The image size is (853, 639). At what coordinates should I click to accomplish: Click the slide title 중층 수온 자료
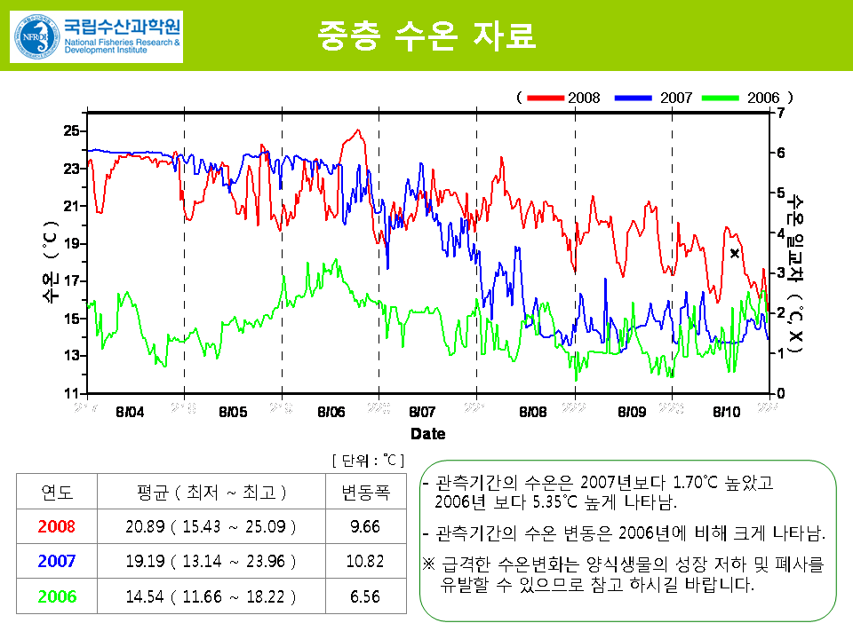click(426, 35)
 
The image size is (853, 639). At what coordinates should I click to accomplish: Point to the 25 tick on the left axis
click(71, 130)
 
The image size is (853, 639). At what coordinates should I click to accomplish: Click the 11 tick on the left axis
click(71, 393)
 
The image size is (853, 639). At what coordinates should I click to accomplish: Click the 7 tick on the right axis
click(781, 113)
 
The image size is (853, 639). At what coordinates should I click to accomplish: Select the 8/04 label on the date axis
click(130, 412)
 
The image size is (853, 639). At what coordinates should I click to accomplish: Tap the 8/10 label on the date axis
click(726, 412)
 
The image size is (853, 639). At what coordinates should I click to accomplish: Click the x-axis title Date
click(428, 434)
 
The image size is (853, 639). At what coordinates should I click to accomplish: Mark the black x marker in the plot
click(735, 254)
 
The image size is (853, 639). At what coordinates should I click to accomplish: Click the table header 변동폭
click(365, 493)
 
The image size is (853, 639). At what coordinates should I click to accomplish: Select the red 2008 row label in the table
click(58, 526)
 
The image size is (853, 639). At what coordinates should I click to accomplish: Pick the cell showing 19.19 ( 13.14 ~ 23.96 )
click(211, 561)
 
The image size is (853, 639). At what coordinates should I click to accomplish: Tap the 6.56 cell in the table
click(365, 596)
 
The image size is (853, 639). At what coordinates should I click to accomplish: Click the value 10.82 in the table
click(365, 561)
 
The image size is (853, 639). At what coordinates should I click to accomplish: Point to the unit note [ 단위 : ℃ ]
click(368, 460)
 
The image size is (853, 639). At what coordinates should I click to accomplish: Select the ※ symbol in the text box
click(428, 564)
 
